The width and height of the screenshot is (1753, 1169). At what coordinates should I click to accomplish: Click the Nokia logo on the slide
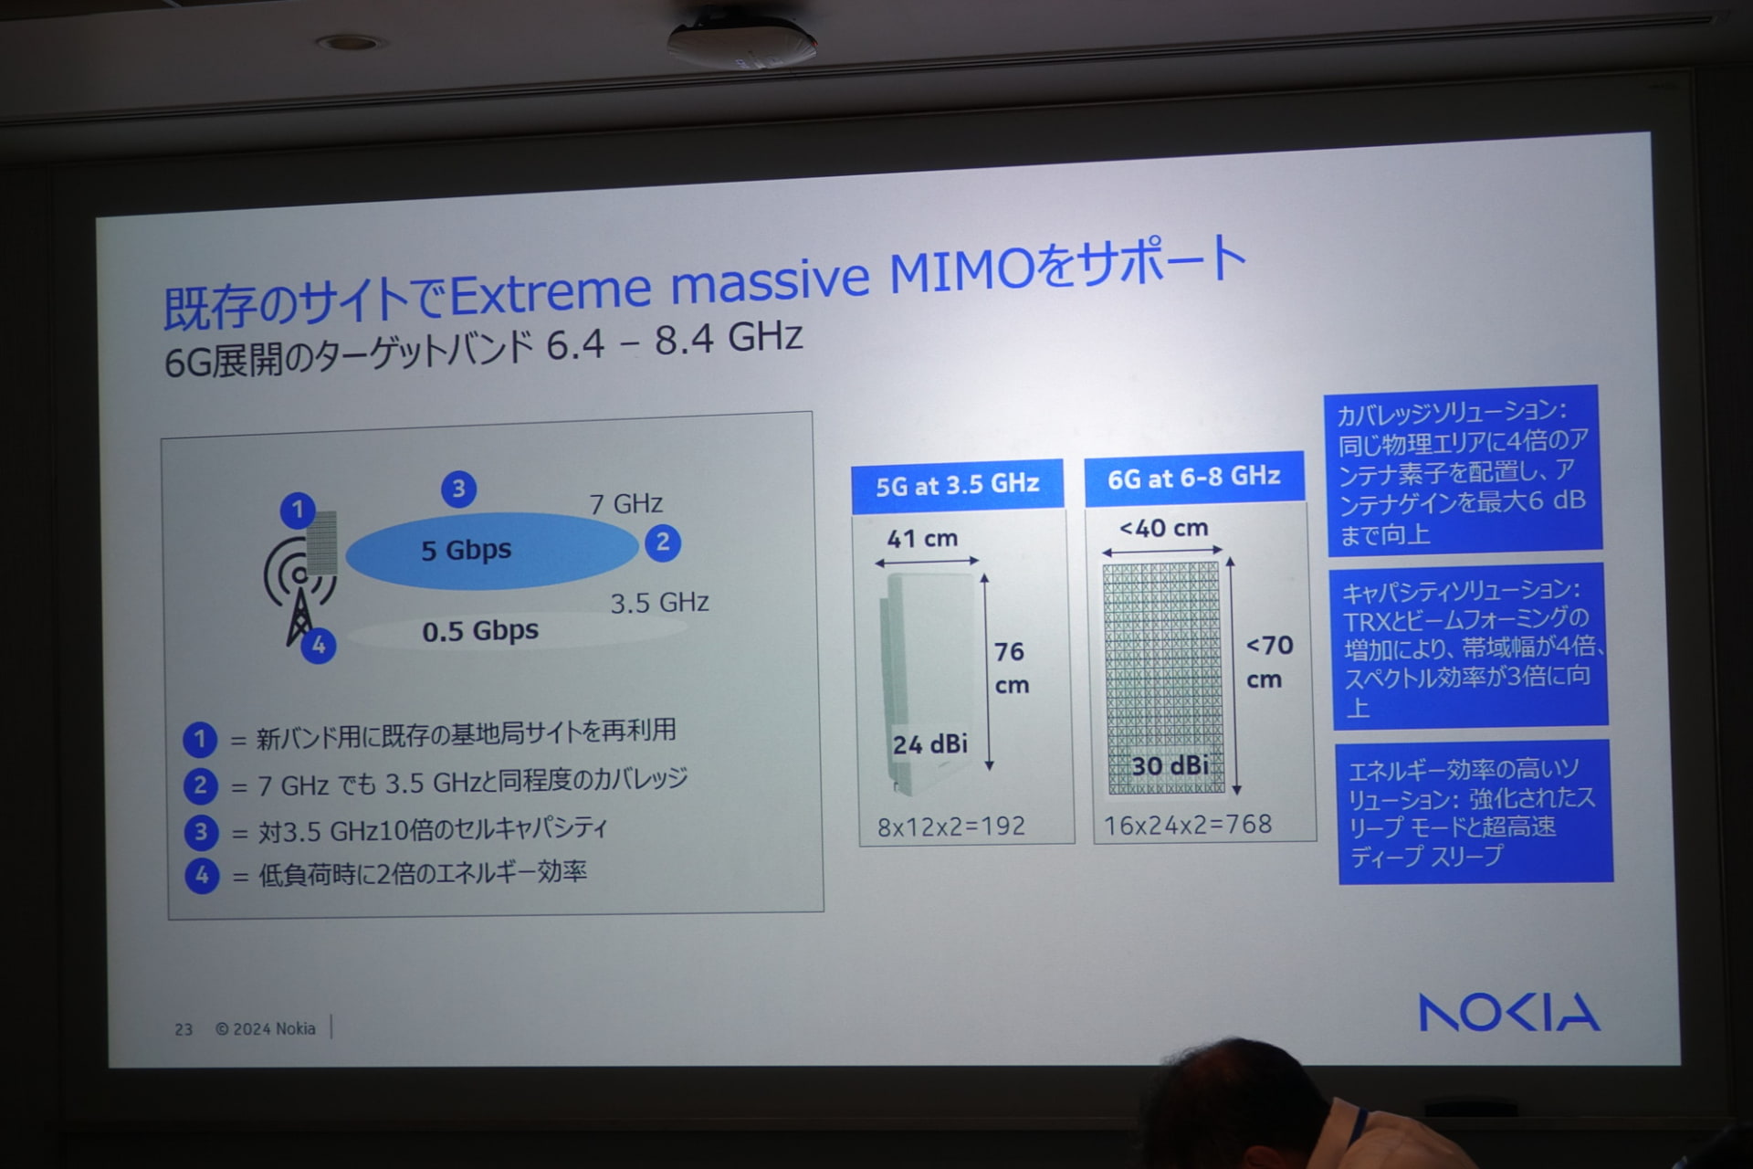pos(1508,1012)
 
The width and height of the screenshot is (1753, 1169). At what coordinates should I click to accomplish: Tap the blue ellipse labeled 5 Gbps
pos(491,550)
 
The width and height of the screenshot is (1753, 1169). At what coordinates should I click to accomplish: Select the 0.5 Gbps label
pos(480,631)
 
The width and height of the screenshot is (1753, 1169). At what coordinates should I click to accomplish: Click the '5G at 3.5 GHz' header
pos(957,484)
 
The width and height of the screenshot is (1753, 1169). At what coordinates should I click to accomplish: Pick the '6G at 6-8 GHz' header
pos(1193,477)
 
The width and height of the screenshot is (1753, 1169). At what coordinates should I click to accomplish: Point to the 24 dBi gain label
pos(929,744)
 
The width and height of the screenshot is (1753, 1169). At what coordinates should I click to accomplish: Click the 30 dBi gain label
pos(1170,765)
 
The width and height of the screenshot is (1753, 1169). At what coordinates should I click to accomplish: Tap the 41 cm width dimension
pos(922,538)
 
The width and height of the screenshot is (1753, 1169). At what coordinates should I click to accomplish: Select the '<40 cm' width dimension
pos(1163,528)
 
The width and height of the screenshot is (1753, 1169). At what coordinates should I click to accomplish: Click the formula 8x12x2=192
pos(950,827)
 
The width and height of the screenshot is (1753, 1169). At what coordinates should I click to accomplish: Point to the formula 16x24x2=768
pos(1187,825)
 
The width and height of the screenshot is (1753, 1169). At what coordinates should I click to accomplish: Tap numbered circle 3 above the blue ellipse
pos(458,489)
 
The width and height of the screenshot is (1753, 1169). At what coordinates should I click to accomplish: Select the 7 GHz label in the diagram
pos(625,503)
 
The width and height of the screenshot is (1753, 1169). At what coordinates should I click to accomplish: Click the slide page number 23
pos(184,1029)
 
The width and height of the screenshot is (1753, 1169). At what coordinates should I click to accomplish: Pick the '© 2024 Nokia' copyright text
pos(266,1028)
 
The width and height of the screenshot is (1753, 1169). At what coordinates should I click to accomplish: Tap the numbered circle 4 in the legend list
pos(202,875)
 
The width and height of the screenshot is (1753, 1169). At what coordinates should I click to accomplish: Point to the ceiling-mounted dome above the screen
pos(741,39)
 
